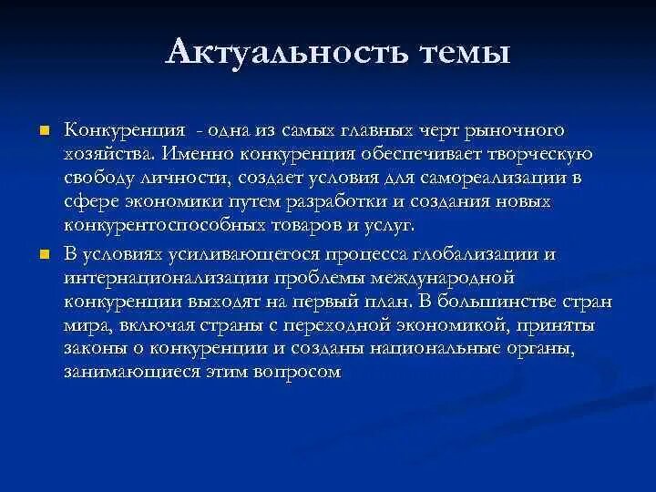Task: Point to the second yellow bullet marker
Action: click(42, 253)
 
